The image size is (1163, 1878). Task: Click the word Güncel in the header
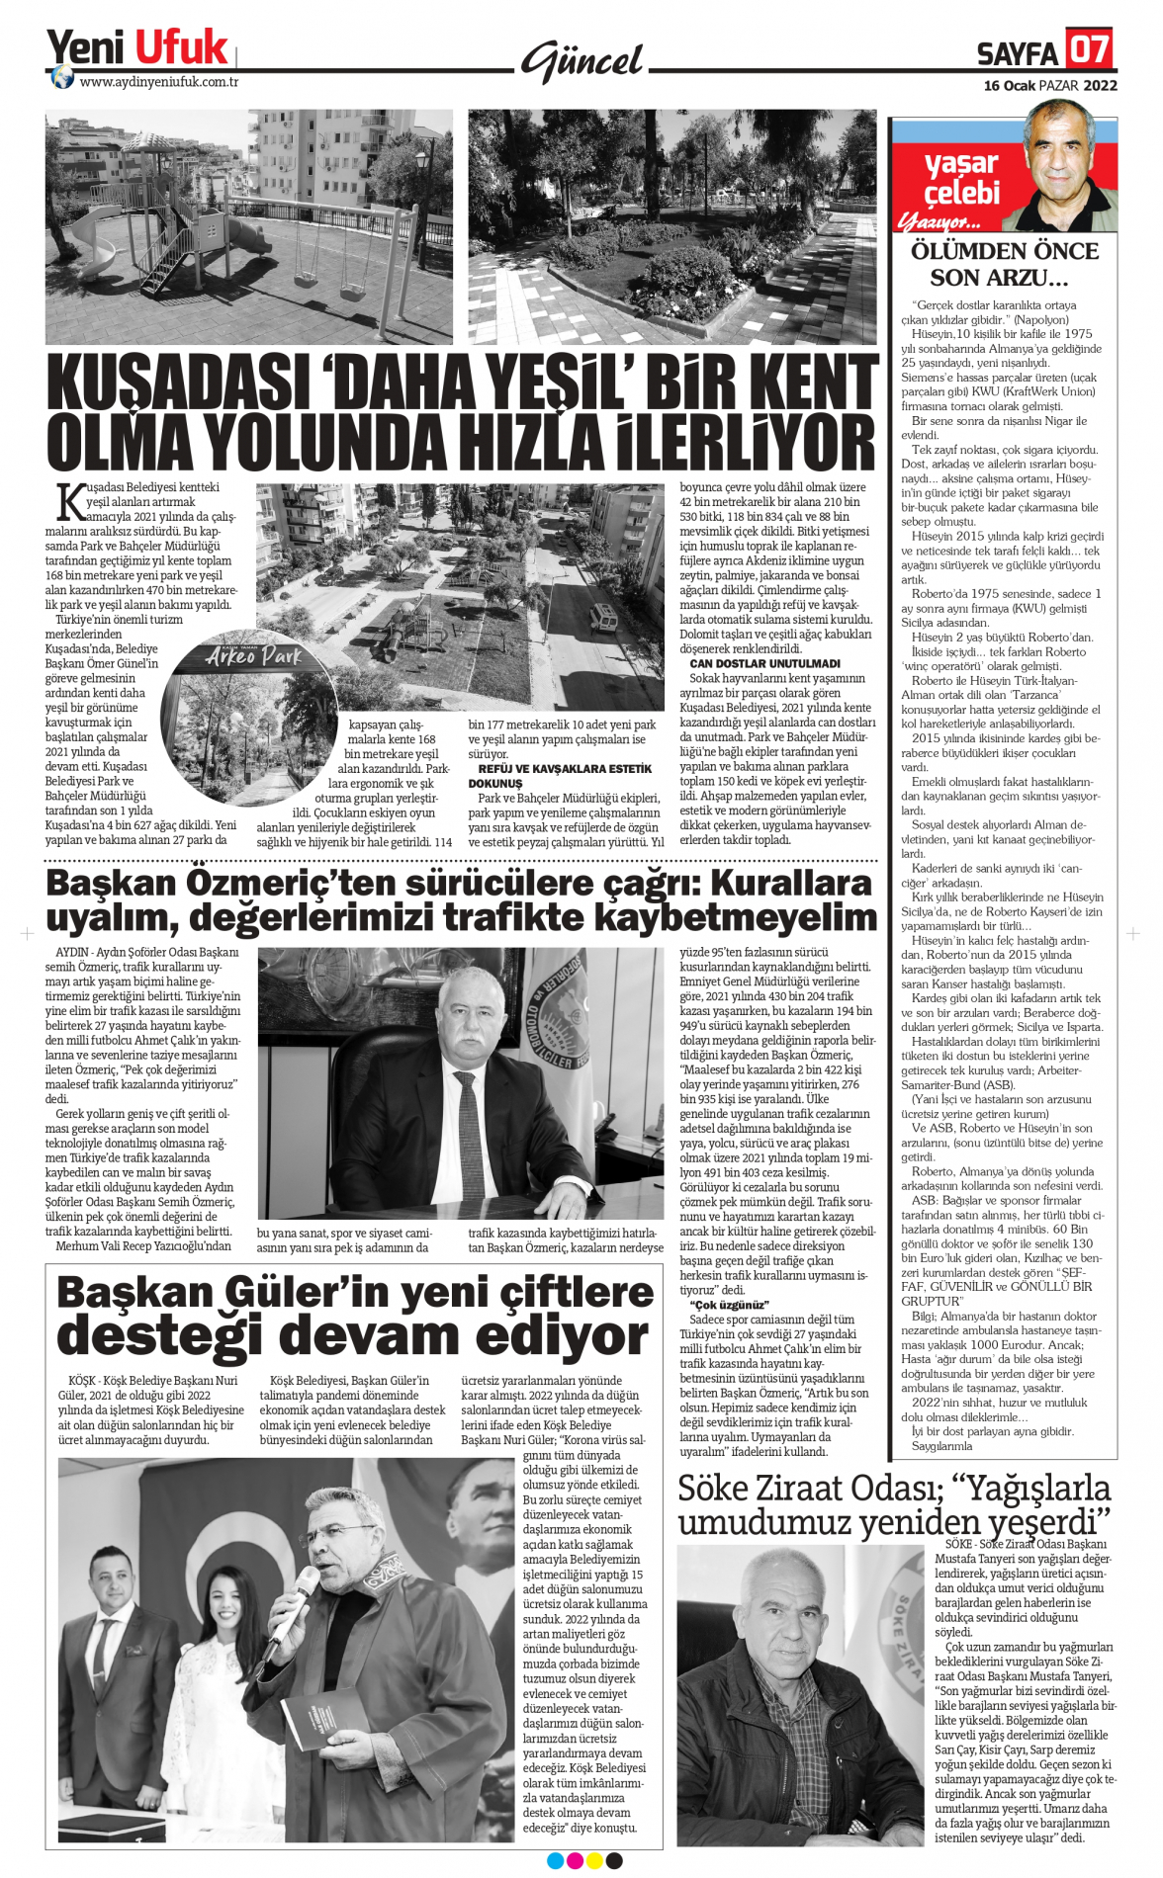pos(583,62)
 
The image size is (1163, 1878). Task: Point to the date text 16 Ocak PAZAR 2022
pos(1049,86)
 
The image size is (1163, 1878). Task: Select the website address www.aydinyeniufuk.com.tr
pos(158,83)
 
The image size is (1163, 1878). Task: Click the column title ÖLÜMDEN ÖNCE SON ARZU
pos(1004,265)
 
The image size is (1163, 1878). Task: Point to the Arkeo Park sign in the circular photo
pos(253,656)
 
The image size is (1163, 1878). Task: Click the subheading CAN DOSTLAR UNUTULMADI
pos(764,664)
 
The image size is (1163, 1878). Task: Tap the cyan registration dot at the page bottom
pos(555,1861)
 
